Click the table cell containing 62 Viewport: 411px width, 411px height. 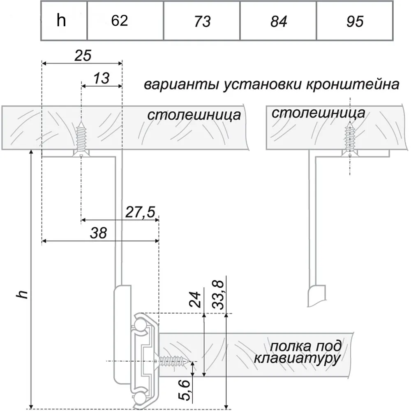click(125, 21)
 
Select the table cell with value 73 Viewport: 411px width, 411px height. click(201, 21)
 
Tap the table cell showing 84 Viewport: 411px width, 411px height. click(278, 21)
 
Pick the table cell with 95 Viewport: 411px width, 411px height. click(355, 21)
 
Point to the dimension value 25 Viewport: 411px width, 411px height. click(83, 55)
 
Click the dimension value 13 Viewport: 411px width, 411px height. click(101, 78)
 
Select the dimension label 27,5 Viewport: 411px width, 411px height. click(140, 212)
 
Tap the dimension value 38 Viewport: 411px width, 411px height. click(98, 233)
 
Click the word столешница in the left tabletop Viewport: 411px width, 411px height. click(194, 115)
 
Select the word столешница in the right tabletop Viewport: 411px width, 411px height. click(319, 113)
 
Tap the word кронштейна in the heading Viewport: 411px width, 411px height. click(352, 85)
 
